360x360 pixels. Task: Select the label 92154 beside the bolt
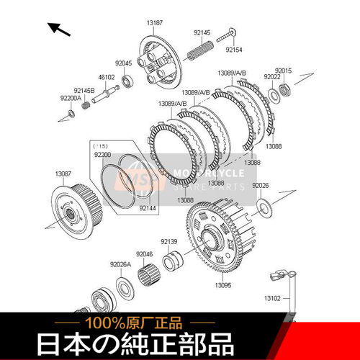point(235,50)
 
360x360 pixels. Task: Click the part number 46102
point(107,76)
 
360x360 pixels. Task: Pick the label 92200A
point(70,98)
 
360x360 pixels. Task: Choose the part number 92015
point(283,71)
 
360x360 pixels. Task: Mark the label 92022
point(271,76)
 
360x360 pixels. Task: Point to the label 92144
point(147,208)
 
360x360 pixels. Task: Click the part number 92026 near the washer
point(260,185)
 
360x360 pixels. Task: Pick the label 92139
point(168,241)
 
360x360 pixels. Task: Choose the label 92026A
point(120,265)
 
